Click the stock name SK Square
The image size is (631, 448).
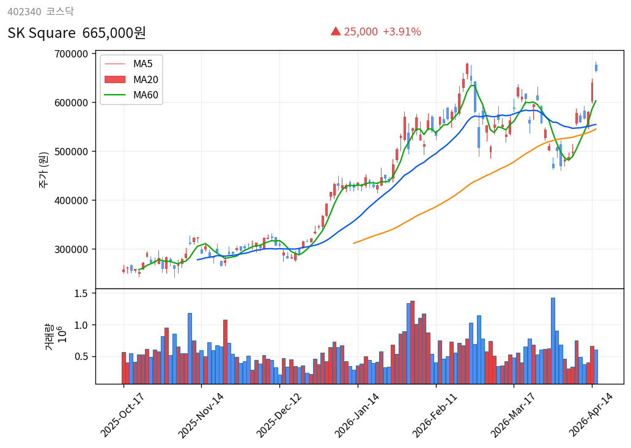(x=42, y=33)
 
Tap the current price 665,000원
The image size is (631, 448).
(x=114, y=33)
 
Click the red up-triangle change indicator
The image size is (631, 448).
(x=335, y=31)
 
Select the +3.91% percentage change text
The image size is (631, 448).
(x=402, y=32)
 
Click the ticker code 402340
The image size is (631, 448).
(x=24, y=11)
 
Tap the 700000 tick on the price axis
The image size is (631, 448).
(x=71, y=54)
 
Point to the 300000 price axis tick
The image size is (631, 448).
(x=71, y=249)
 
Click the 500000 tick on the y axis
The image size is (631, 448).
(x=71, y=152)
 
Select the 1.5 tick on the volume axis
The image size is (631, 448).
(x=81, y=293)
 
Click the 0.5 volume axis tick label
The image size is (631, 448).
(x=81, y=356)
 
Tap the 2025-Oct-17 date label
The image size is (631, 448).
(x=122, y=415)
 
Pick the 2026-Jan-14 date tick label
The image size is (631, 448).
(x=356, y=415)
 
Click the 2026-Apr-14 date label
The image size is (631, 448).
(x=591, y=415)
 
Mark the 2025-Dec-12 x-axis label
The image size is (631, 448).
(x=278, y=415)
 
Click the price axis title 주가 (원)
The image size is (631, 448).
(x=44, y=170)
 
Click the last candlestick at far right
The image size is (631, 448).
(x=596, y=68)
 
